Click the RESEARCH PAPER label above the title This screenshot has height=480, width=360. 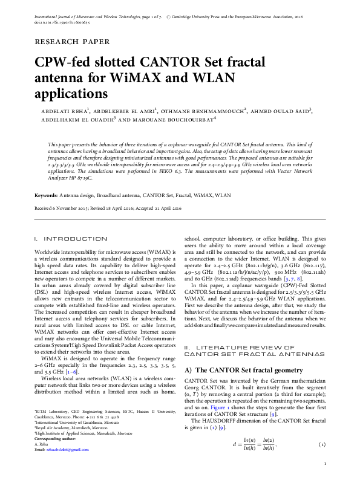[73, 42]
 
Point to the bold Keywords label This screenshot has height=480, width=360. [46, 196]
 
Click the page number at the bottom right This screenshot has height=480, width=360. [326, 464]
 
